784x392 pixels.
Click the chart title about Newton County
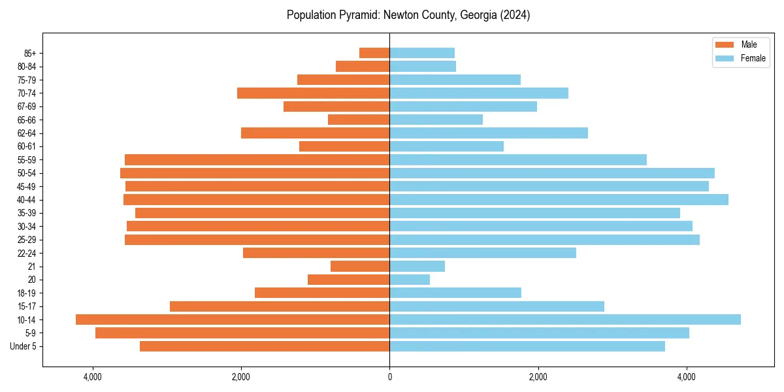408,15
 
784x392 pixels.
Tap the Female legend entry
741,58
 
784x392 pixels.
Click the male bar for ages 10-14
233,319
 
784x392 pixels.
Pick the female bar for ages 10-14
565,319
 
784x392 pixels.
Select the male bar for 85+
374,53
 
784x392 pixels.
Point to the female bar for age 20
410,280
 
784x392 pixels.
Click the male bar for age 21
360,266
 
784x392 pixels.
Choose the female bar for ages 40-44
559,199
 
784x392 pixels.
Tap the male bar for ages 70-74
314,93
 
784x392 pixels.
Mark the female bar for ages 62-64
489,133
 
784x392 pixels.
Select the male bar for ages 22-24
316,253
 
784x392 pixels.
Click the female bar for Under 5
527,346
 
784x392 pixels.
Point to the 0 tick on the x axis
390,377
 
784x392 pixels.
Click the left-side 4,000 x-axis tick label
93,377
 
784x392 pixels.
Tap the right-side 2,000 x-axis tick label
538,377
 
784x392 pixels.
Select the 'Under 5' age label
23,346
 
